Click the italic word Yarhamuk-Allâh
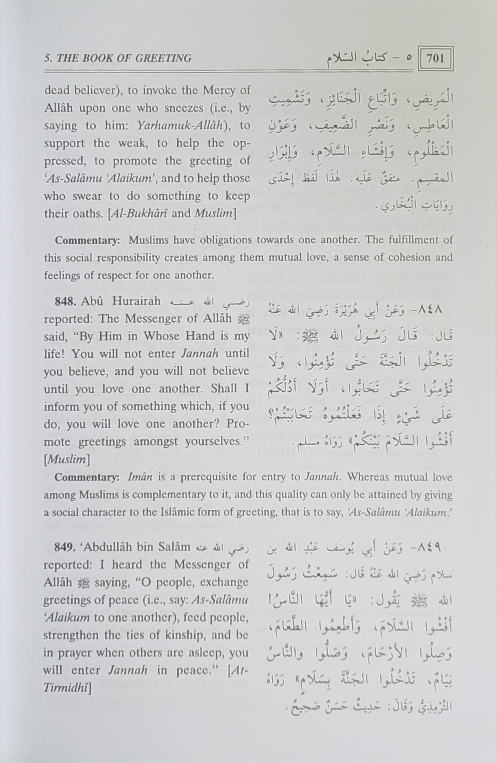pyautogui.click(x=180, y=125)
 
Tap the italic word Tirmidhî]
pyautogui.click(x=67, y=687)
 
